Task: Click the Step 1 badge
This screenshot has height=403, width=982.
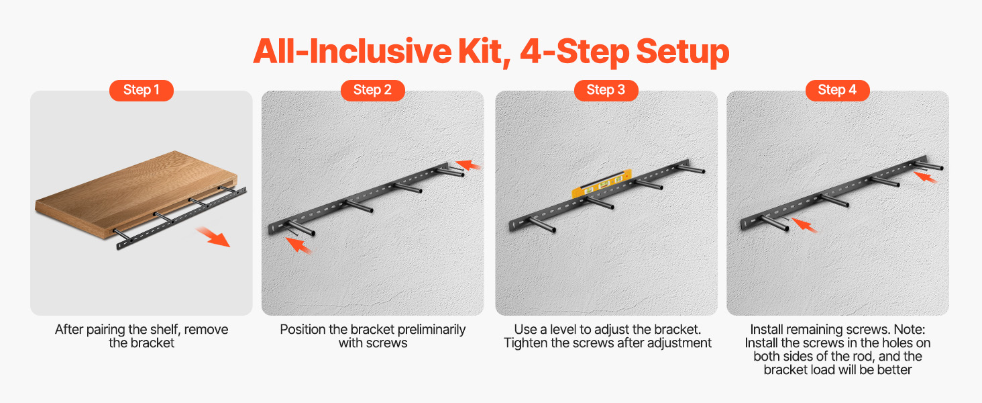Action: pos(141,90)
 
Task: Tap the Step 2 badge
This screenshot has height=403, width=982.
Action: pos(373,90)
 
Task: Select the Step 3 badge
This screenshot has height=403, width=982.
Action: pos(606,90)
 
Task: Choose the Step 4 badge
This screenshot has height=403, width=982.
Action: pos(837,90)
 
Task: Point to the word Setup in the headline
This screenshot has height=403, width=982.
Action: pos(683,52)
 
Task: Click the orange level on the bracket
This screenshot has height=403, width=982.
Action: pos(602,184)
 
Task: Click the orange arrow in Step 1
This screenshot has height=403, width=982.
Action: pos(213,237)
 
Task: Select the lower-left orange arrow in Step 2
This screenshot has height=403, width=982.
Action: pos(298,245)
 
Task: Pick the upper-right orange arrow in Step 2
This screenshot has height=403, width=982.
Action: pos(468,165)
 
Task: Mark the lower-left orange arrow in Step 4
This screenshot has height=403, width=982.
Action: pos(804,225)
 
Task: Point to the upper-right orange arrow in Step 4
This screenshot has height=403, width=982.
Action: pos(925,177)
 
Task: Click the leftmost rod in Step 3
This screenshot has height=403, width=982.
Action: pos(542,224)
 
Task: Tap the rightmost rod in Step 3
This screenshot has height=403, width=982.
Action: pos(691,168)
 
